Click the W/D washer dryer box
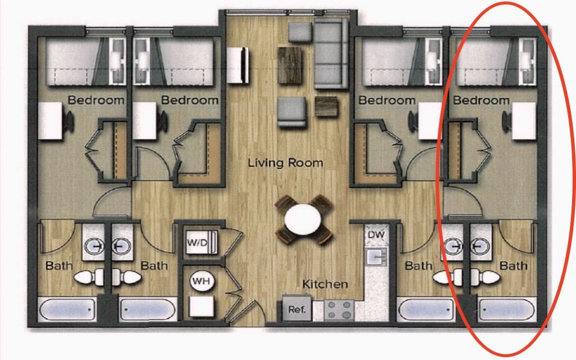coord(201,242)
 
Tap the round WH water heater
coord(201,281)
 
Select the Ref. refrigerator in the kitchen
coord(297,309)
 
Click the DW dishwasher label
coord(376,235)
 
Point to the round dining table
coord(303,220)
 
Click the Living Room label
coord(285,163)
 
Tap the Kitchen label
coord(325,284)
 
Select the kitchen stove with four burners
coord(339,310)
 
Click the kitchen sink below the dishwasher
coord(376,256)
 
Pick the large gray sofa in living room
coord(331,53)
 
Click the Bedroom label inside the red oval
coord(481,100)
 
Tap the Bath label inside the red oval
coord(513,265)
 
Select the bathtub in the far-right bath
coord(507,309)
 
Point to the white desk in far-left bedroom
coord(50,121)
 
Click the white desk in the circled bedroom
coord(524,121)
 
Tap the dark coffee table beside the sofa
coord(291,66)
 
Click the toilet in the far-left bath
coord(89,277)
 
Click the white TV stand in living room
coord(237,65)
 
